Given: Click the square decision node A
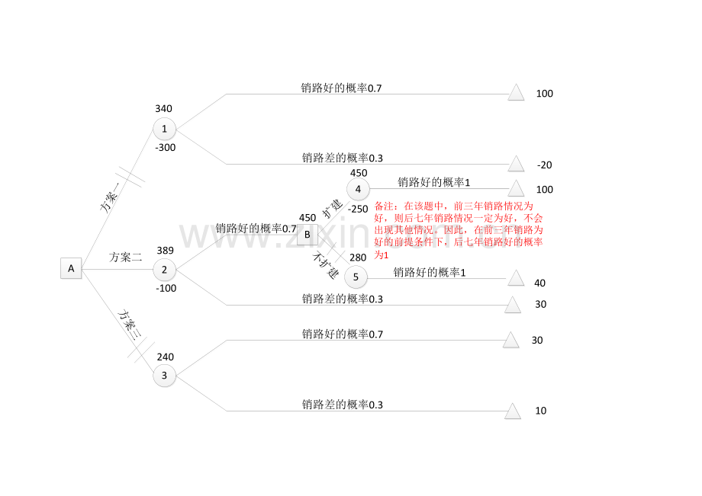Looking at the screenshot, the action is click(x=71, y=268).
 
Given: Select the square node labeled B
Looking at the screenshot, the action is click(x=307, y=235).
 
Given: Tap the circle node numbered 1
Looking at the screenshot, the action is click(x=164, y=129).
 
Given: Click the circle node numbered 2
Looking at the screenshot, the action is click(x=164, y=270).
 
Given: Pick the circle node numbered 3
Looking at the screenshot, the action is click(x=164, y=376).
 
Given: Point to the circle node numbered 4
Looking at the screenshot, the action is click(x=358, y=189).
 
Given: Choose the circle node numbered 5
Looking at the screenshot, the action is click(x=356, y=277).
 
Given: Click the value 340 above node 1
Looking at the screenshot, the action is click(x=163, y=109).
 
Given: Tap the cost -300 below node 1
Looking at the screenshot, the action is click(x=166, y=148).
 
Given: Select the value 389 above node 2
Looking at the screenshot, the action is click(x=166, y=250).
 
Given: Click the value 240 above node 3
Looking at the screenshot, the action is click(x=166, y=357).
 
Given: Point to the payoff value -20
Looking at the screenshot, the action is click(x=544, y=165).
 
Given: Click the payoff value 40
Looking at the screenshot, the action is click(x=540, y=283).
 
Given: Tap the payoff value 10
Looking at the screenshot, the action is click(x=541, y=411).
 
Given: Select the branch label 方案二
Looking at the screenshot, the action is click(x=126, y=257).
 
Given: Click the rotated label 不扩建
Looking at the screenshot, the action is click(x=326, y=265).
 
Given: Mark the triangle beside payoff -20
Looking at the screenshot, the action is click(x=516, y=164).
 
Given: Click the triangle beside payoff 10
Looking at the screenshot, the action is click(x=513, y=411).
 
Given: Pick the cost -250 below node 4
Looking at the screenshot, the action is click(x=358, y=209).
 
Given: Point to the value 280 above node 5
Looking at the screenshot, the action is click(x=358, y=258).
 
